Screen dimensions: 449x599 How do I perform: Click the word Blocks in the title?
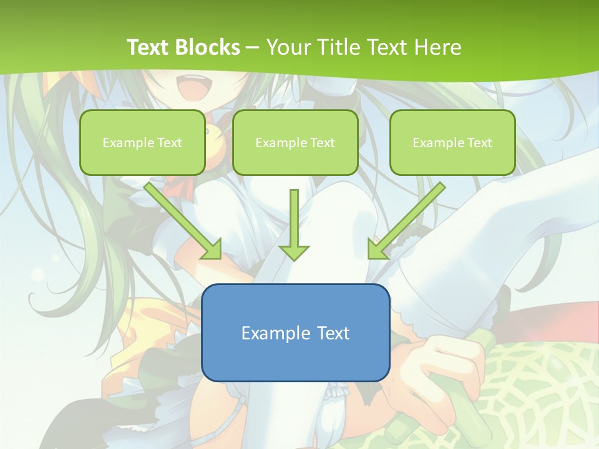click(x=208, y=47)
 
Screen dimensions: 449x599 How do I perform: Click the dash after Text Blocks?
click(x=253, y=47)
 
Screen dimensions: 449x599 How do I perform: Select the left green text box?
click(x=142, y=142)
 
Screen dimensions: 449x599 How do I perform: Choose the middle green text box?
click(x=295, y=142)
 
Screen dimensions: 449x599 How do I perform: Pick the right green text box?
click(x=452, y=142)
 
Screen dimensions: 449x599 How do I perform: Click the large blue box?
click(x=295, y=332)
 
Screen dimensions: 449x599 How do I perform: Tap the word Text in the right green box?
click(x=479, y=143)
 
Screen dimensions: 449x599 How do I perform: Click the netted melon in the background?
click(x=543, y=387)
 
